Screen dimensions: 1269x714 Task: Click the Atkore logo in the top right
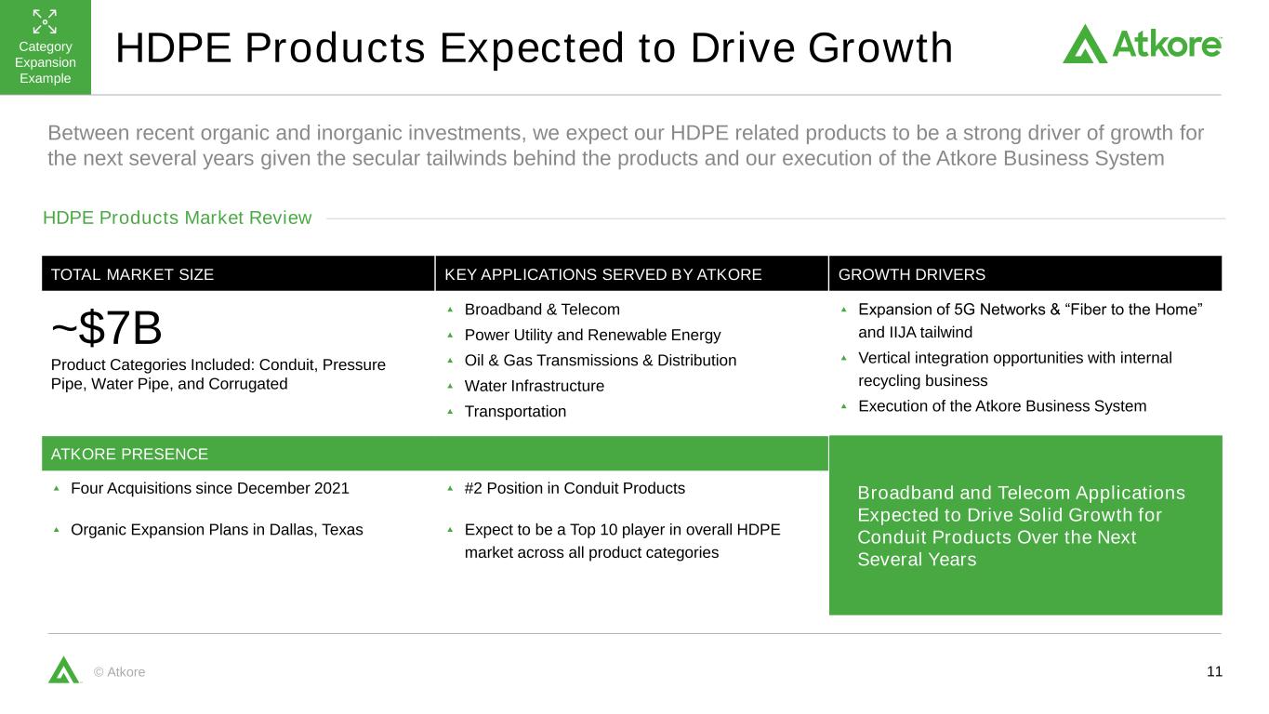pos(1142,44)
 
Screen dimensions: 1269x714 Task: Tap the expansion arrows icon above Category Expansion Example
pos(45,21)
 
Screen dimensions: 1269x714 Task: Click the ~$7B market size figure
pos(107,328)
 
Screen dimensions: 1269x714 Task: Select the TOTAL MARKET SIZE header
pos(132,275)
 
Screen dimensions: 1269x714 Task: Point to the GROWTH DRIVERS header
pos(911,275)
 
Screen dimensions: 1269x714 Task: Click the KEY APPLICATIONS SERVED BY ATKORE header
pos(602,275)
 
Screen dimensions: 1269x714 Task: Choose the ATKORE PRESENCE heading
pos(129,454)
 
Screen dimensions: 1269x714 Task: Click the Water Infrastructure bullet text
pos(535,386)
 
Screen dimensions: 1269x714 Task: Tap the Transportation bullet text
pos(515,412)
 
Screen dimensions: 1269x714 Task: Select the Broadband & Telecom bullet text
pos(542,310)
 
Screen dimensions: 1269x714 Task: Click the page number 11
pos(1214,671)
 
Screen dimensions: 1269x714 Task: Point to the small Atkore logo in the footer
pos(64,669)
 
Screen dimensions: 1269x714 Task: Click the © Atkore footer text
pos(119,672)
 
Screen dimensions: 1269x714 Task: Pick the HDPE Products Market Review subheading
pos(178,218)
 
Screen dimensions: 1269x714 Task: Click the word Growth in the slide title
pos(880,47)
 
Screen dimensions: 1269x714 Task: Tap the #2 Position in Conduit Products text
pos(575,488)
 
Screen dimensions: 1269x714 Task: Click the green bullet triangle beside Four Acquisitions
pos(56,488)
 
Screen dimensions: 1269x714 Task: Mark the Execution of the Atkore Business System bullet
pos(1002,406)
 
